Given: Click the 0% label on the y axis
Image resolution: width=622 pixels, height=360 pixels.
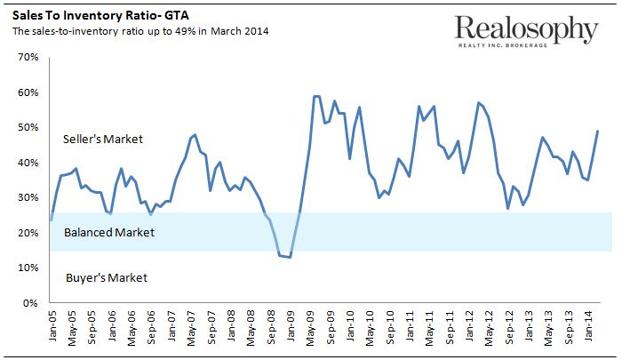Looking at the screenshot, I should (30, 303).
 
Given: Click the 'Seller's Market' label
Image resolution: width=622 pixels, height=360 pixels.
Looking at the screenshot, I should (103, 140).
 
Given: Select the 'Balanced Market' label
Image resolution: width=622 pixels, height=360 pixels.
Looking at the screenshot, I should (109, 233).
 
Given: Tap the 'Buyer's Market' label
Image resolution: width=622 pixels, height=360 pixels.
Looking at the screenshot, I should (107, 277).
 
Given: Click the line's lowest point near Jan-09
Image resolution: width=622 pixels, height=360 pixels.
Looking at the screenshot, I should (290, 257).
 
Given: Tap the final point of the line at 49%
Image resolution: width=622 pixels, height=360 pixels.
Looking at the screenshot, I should (597, 131).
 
